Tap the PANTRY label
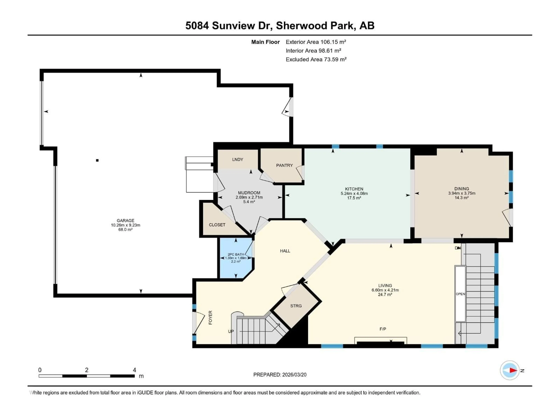pyautogui.click(x=284, y=165)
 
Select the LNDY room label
pyautogui.click(x=237, y=160)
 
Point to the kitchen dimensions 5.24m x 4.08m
pyautogui.click(x=354, y=193)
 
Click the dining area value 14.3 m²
pyautogui.click(x=462, y=198)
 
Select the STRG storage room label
pyautogui.click(x=296, y=306)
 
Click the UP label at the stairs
pyautogui.click(x=231, y=331)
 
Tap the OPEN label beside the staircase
pyautogui.click(x=460, y=294)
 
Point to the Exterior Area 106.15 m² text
pyautogui.click(x=316, y=42)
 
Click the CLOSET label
pyautogui.click(x=217, y=225)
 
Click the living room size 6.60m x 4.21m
pyautogui.click(x=385, y=290)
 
